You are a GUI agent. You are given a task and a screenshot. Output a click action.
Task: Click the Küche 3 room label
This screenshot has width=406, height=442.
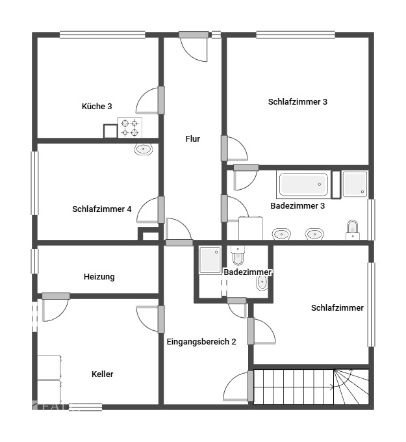coord(97,106)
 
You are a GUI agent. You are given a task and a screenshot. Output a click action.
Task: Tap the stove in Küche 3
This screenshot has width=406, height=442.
coord(129,127)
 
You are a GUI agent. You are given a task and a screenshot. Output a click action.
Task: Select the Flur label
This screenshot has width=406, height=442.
coord(193,138)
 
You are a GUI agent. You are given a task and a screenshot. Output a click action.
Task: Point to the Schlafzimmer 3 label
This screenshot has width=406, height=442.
coord(298,101)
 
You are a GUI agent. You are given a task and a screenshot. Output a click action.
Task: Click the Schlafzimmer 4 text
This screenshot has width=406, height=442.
coord(102,209)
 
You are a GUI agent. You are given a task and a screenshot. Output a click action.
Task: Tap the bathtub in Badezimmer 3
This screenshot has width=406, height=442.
coord(303,184)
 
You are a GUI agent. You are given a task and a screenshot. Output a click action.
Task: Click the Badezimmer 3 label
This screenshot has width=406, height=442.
coord(298,205)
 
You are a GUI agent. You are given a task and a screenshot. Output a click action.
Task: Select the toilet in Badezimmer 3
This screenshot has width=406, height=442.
coord(352,229)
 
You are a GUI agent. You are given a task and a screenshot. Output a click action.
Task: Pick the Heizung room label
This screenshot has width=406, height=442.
coord(99,276)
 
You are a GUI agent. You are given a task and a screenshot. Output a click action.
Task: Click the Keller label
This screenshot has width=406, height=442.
coord(103,374)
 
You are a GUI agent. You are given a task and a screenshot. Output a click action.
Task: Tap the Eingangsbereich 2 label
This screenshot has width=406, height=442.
coord(201,341)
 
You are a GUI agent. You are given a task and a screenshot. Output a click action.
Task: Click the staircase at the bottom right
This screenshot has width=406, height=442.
coord(311,387)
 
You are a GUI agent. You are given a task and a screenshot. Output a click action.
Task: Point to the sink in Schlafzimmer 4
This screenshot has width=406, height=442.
coord(144,149)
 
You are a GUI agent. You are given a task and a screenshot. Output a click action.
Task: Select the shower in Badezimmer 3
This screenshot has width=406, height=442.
coord(355,184)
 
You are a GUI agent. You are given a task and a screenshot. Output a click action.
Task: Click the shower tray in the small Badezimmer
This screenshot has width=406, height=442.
coord(210,260)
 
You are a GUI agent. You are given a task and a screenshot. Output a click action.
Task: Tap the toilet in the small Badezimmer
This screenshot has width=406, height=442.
coord(237,255)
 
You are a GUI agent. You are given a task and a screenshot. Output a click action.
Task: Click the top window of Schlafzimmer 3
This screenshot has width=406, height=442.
coord(296,34)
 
